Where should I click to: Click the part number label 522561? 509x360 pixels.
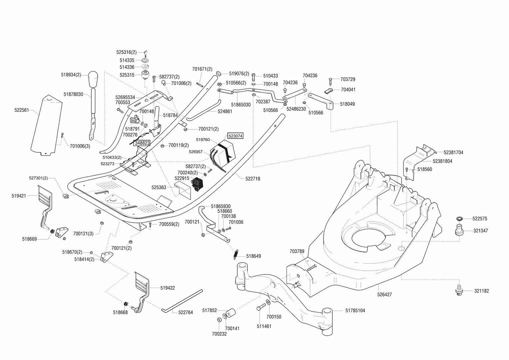(22, 110)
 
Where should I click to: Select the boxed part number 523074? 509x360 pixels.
(236, 136)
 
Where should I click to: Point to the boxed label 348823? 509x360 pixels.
(142, 143)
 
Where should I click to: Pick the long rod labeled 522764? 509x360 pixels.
(182, 301)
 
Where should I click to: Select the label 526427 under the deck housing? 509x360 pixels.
(384, 295)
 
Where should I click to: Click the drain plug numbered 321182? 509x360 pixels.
(459, 291)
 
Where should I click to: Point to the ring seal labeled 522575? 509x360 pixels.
(459, 219)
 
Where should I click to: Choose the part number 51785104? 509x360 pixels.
(355, 310)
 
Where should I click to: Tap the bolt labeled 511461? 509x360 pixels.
(261, 307)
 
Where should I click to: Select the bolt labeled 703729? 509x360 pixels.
(330, 82)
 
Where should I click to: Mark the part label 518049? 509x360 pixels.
(347, 104)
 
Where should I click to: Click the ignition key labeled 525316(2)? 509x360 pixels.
(146, 54)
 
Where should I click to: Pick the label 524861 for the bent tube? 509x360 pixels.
(225, 111)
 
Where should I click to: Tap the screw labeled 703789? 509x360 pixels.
(312, 268)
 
